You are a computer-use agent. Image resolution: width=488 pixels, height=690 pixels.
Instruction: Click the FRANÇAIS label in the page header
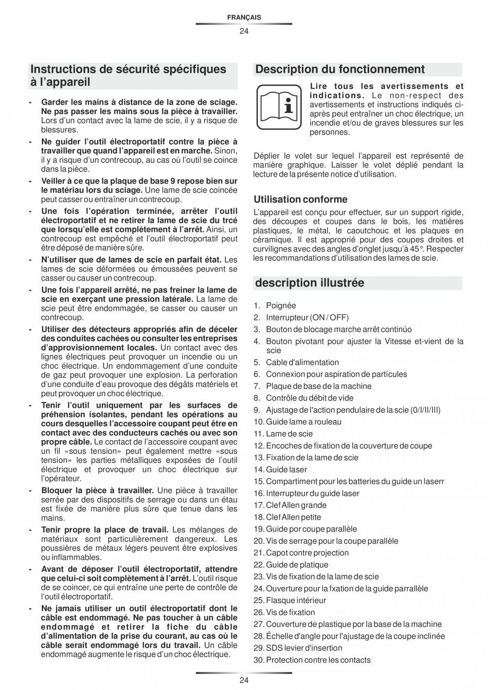point(243,18)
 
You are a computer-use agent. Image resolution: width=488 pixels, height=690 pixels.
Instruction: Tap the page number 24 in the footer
point(243,680)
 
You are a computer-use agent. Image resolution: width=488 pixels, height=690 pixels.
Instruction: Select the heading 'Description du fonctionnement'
point(340,69)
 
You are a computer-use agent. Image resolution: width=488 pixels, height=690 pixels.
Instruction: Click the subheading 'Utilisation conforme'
point(300,199)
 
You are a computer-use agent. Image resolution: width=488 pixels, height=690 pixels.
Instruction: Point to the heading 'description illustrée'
point(310,283)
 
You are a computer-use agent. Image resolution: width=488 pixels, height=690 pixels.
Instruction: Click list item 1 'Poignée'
point(281,305)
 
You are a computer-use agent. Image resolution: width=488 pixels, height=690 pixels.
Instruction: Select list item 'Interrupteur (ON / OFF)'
point(307,317)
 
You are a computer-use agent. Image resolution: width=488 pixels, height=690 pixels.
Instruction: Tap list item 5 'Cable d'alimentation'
point(302,362)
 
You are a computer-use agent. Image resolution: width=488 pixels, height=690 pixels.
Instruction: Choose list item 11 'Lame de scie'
point(289,434)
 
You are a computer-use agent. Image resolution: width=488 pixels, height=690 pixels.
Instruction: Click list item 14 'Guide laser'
point(286,469)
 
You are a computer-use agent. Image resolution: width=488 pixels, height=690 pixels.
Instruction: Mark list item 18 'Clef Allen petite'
point(293,517)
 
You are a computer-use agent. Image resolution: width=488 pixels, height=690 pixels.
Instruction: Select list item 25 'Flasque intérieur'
point(295,600)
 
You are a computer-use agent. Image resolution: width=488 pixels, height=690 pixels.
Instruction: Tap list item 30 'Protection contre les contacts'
point(318,660)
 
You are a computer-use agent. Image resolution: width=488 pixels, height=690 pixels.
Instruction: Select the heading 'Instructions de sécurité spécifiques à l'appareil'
point(128,76)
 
